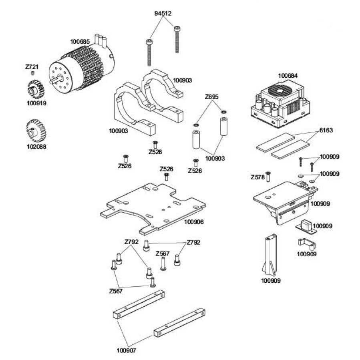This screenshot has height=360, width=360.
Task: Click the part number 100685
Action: coord(80,42)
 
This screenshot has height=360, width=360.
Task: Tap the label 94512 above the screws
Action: coord(163,13)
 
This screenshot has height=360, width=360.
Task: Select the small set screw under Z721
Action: coord(32,73)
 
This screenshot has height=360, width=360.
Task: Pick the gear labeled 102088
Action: coord(36,131)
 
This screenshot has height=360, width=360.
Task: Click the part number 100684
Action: coord(288,76)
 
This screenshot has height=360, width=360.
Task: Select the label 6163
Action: coord(326,130)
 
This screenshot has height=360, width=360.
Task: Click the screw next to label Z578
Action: coord(268,177)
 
